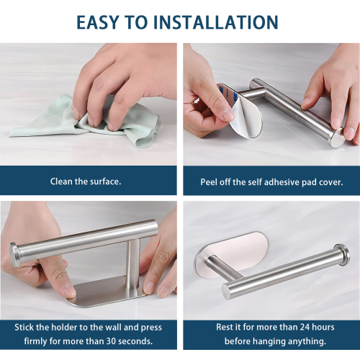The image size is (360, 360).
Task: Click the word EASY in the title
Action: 97,22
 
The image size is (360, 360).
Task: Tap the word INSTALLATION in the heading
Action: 215,22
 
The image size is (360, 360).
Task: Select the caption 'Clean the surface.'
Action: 86,181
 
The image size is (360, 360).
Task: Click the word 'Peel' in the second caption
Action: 209,182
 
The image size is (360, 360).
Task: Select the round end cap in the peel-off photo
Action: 336,138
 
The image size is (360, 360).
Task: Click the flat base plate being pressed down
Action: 106,292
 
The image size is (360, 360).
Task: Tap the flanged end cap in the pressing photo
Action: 15,254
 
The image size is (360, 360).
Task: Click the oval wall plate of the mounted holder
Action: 231,254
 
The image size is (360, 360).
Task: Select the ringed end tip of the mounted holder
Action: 342,254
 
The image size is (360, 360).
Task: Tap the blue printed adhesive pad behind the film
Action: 227,95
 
